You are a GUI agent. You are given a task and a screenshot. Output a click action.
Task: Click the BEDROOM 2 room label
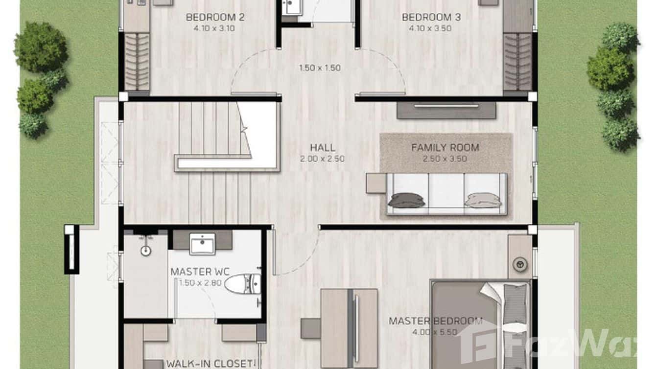point(215,18)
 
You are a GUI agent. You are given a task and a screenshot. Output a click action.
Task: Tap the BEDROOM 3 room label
point(431,18)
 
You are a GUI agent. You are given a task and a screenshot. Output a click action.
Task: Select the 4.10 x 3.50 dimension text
point(431,28)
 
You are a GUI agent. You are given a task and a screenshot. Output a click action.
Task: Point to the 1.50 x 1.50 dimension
point(320,68)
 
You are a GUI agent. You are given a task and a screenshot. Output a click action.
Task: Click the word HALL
point(323,147)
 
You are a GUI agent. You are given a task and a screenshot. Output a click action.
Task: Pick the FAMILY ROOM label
point(445,147)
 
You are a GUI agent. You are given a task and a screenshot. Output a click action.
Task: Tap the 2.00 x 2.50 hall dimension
point(323,159)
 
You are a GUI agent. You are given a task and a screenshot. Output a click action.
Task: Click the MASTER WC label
point(200,272)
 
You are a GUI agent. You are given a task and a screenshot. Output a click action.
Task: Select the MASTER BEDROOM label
point(435,321)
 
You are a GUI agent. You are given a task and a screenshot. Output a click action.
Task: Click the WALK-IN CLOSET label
point(211,364)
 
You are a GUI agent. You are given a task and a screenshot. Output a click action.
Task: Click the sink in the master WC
point(202,243)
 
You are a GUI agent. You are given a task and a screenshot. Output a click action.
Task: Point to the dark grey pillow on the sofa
point(406,200)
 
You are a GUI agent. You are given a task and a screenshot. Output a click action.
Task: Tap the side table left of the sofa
point(375,184)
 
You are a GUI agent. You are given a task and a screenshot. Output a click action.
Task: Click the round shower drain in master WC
point(145,251)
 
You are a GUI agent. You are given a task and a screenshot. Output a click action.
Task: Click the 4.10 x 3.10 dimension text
point(215,28)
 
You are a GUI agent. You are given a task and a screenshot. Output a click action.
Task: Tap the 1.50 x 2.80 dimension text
point(200,282)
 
